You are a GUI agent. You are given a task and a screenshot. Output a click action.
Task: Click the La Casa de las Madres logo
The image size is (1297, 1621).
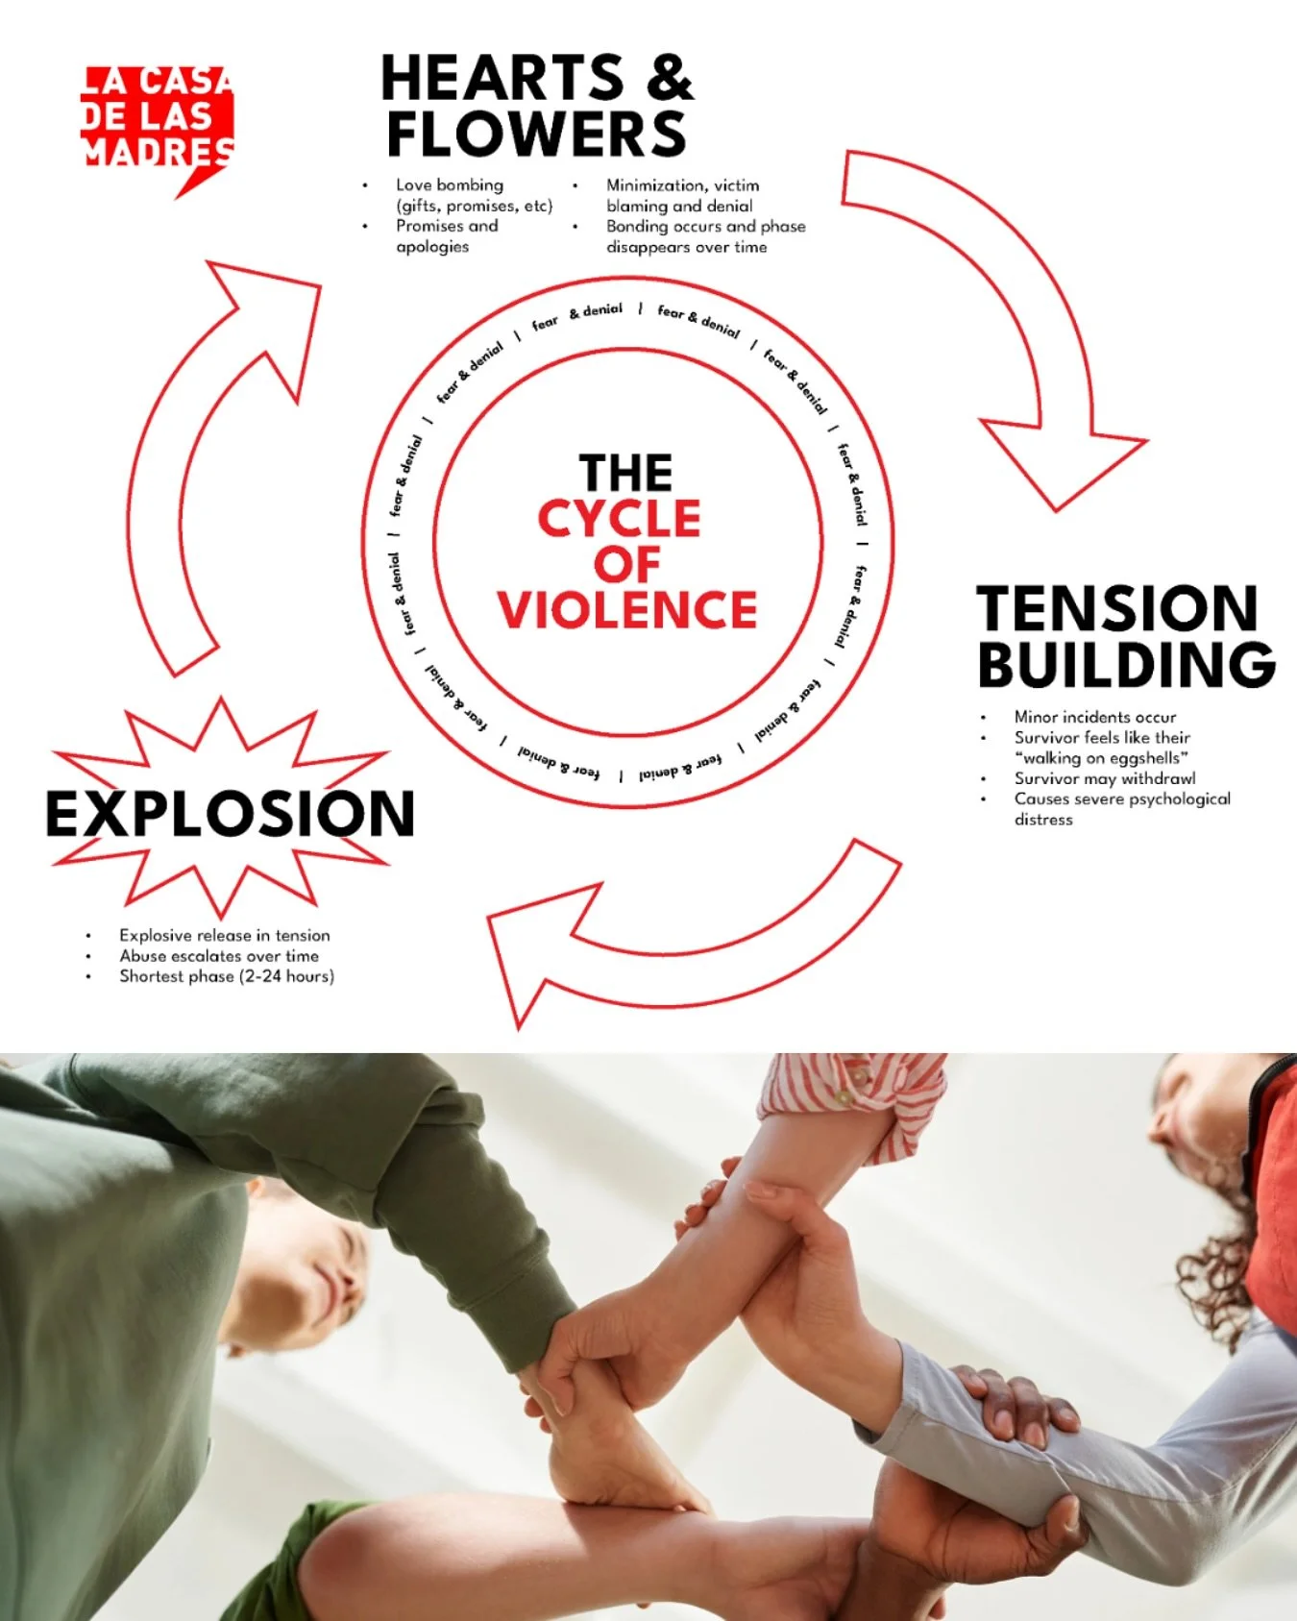(158, 120)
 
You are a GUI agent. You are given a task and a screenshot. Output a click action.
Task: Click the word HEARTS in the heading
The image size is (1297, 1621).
(502, 78)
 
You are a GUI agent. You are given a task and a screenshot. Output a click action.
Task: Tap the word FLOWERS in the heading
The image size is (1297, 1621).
(536, 134)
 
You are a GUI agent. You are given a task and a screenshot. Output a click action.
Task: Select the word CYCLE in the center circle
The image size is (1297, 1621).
(620, 520)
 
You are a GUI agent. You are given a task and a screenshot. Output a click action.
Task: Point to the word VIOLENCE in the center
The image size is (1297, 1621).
(627, 610)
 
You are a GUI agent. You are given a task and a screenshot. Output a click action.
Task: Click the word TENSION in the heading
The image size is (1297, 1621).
(1116, 608)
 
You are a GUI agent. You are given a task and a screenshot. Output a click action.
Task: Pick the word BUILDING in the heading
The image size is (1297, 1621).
(1126, 665)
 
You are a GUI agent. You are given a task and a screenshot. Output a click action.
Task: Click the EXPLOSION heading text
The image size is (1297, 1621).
(231, 814)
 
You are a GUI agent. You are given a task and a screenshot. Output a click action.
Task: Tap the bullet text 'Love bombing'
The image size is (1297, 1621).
(449, 184)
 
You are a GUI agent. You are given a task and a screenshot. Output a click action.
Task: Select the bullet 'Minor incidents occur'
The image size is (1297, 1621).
(1094, 717)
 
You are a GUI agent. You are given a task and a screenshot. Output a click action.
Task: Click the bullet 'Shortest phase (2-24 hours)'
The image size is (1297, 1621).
(227, 976)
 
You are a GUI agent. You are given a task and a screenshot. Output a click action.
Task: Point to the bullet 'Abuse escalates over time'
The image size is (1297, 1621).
(219, 956)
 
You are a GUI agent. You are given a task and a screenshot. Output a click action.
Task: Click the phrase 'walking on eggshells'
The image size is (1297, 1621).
(1101, 758)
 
